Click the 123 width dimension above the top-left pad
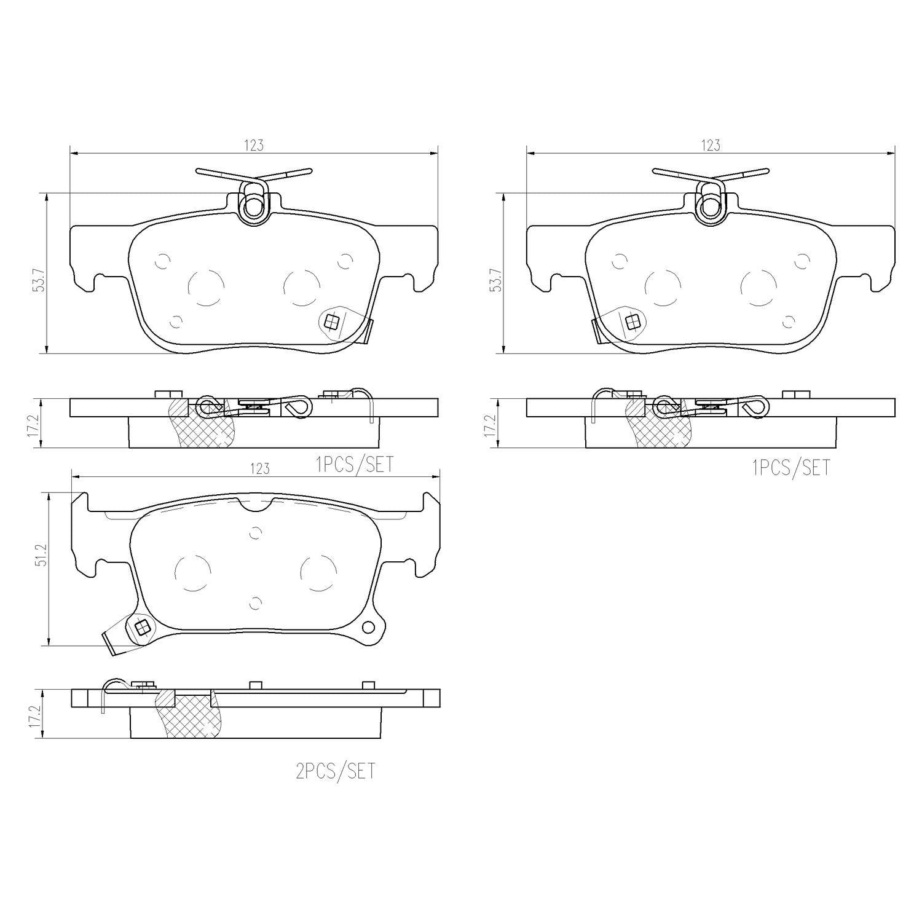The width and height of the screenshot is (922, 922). [254, 146]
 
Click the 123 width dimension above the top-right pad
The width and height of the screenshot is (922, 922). [711, 146]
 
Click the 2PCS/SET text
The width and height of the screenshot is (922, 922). [335, 771]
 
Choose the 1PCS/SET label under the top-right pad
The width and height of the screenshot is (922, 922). [790, 468]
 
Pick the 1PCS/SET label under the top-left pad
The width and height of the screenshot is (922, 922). [354, 465]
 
